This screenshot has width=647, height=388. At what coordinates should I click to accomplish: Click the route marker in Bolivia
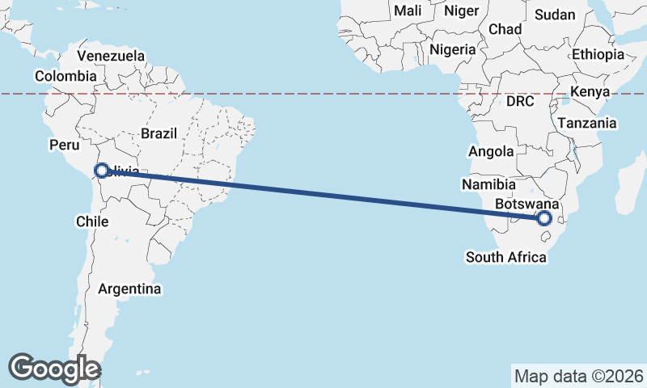point(102,171)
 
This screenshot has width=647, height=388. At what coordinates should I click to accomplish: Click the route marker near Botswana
point(544,218)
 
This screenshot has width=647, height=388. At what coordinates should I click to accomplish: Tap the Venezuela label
point(111,56)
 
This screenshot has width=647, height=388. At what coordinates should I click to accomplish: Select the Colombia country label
point(66,76)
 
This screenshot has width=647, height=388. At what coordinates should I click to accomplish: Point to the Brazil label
point(159,133)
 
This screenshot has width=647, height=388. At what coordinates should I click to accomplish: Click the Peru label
point(65,145)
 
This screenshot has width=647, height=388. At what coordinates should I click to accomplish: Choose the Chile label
point(91,221)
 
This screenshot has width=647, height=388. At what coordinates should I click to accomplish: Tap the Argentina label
point(129,289)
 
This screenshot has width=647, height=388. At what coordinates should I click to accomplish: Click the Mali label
point(408,11)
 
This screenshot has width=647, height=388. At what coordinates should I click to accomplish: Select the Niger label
point(462,11)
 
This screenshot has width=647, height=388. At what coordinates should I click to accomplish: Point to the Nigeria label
point(453,49)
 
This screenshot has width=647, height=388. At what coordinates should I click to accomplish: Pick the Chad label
point(505,29)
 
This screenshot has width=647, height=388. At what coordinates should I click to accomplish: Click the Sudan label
point(556,15)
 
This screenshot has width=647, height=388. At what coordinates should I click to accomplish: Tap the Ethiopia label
point(598,55)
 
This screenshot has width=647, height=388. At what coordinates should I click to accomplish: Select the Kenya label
point(590,92)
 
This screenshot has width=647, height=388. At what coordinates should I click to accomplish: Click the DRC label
point(521,102)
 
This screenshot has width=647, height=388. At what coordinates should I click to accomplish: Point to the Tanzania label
point(586,124)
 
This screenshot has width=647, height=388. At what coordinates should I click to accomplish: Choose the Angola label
point(491,152)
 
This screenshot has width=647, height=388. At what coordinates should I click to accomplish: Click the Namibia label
point(488,185)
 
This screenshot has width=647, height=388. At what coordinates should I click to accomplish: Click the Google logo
point(54,369)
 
